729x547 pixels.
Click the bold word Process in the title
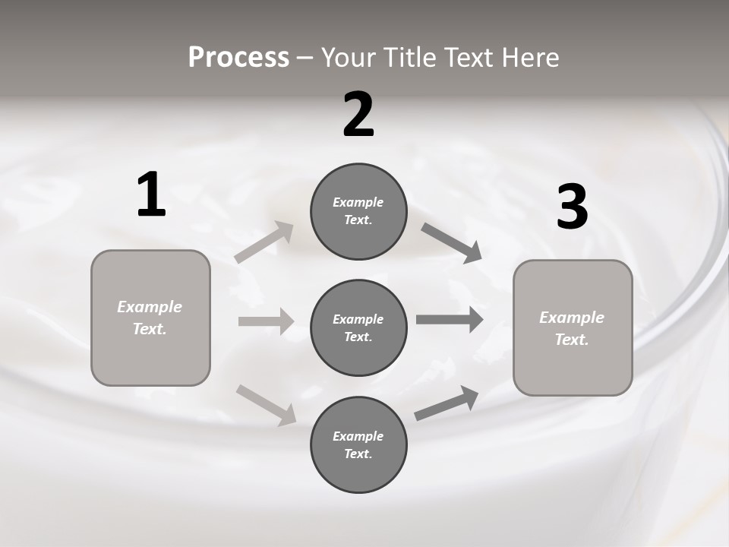click(x=238, y=58)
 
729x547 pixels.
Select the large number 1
click(x=151, y=195)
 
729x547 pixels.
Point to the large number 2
click(x=358, y=115)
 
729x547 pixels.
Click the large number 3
click(x=572, y=207)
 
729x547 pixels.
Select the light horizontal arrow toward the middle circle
click(x=266, y=321)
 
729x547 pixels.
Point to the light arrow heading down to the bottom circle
click(x=266, y=404)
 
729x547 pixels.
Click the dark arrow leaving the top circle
click(x=452, y=243)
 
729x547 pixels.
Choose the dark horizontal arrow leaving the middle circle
click(x=450, y=319)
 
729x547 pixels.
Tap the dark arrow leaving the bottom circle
click(x=447, y=403)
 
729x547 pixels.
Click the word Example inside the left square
click(x=150, y=307)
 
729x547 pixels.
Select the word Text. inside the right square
click(x=572, y=340)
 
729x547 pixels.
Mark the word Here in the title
click(x=532, y=58)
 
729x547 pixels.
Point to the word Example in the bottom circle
click(x=358, y=436)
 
